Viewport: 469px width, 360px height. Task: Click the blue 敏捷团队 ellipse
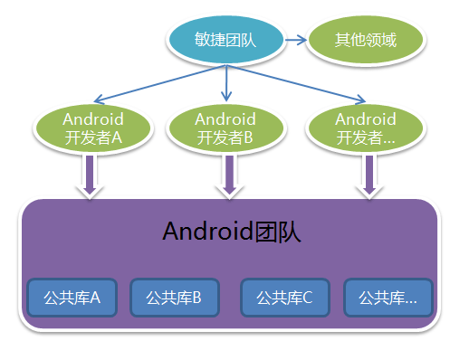(x=225, y=40)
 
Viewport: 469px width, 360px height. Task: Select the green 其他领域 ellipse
(x=366, y=40)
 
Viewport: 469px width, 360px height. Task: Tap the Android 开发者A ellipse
(x=92, y=128)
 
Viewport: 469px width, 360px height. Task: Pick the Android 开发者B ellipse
(x=225, y=128)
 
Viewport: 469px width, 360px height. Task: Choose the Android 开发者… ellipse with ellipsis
(x=365, y=128)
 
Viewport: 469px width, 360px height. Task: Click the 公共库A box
(x=72, y=297)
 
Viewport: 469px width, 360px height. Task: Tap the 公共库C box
(x=284, y=297)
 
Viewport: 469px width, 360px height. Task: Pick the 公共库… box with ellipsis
(x=388, y=297)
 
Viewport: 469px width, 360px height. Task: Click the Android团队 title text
(x=232, y=232)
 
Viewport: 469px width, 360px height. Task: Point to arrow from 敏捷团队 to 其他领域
(x=295, y=40)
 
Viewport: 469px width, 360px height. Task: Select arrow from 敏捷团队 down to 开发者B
(x=225, y=84)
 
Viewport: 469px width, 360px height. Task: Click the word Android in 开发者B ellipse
(x=225, y=118)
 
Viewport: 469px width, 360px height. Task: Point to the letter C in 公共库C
(x=308, y=297)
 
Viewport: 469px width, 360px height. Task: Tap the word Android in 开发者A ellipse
(x=92, y=118)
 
